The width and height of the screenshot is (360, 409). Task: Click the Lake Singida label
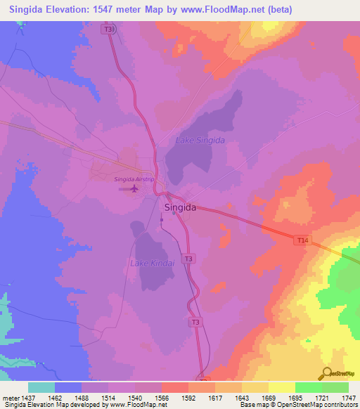200,141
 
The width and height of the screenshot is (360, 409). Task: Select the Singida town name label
179,208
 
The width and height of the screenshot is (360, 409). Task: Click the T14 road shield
302,241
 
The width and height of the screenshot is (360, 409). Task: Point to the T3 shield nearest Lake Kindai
188,259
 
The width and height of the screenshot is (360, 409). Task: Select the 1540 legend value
134,398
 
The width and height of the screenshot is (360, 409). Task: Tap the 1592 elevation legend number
188,398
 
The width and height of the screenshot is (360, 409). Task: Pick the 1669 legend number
268,398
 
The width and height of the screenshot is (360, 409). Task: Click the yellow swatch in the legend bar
281,387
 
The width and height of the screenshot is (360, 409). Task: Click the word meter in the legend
8,398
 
